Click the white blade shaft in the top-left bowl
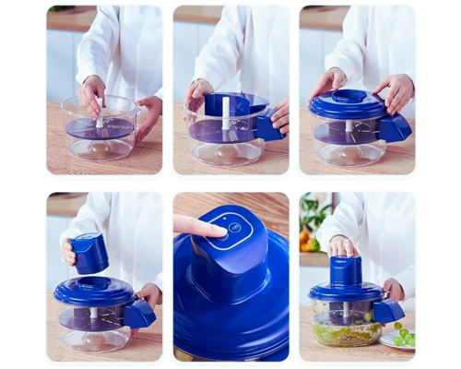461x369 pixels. click(x=100, y=116)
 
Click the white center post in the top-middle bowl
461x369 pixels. click(x=225, y=113)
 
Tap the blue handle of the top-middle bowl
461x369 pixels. click(x=269, y=126)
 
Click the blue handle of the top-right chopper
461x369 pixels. click(x=395, y=128)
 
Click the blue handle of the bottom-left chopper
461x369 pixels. click(x=139, y=314)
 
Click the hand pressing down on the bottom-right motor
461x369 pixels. click(x=343, y=245)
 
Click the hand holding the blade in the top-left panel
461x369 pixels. click(x=91, y=91)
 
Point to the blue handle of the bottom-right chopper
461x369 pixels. click(x=389, y=311)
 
